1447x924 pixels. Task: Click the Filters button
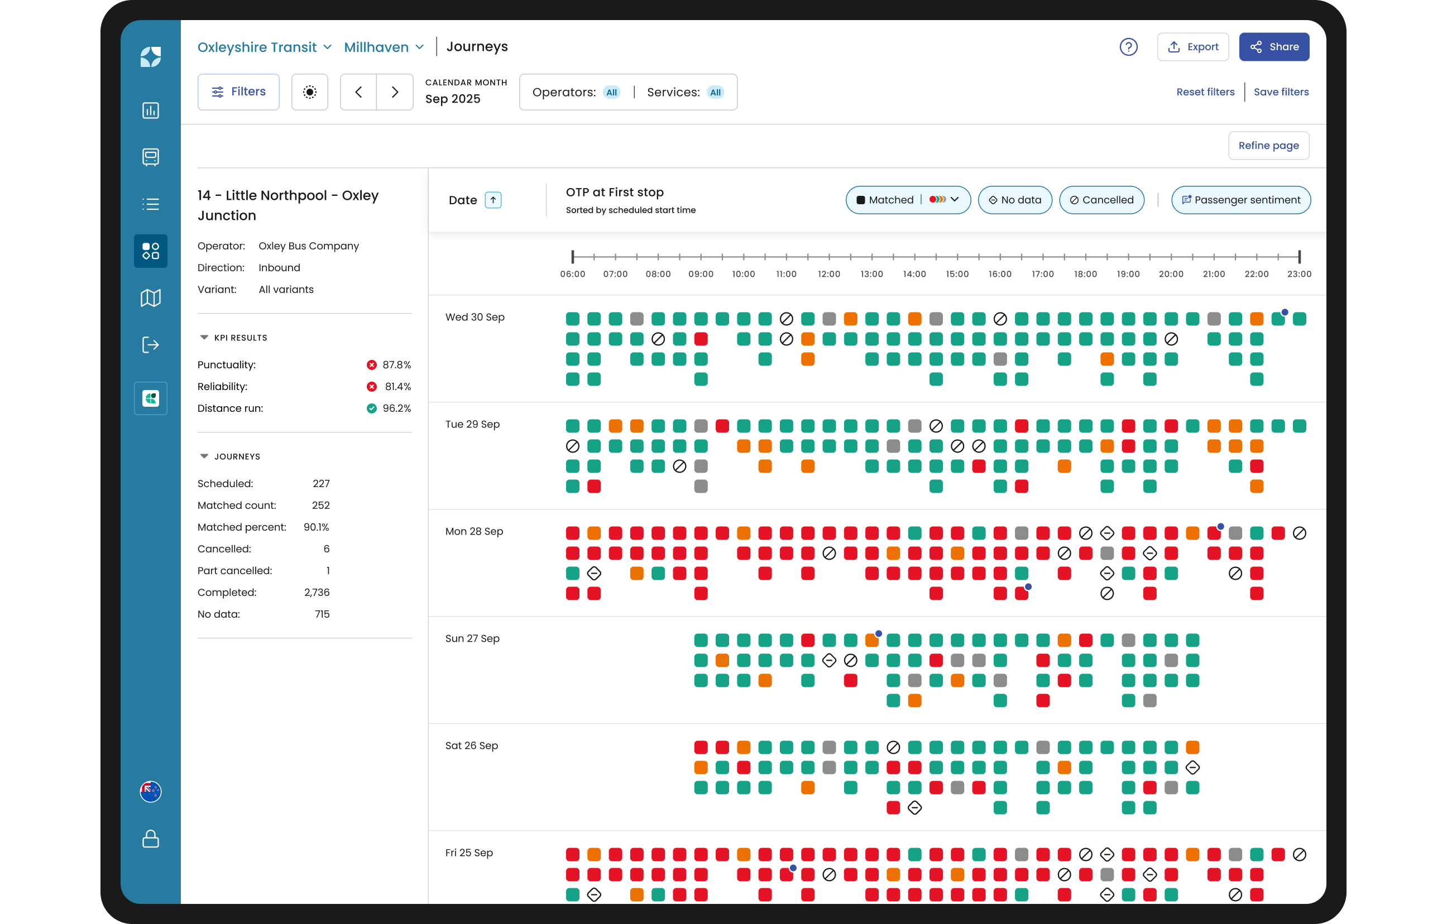coord(238,92)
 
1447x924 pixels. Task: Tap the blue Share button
coord(1274,47)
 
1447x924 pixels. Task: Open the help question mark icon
coord(1129,47)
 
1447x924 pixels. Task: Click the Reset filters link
coord(1205,92)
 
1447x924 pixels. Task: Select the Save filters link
coord(1281,92)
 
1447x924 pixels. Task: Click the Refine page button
coord(1268,146)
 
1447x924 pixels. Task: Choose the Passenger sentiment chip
coord(1241,200)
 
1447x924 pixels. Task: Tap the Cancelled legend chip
coord(1101,200)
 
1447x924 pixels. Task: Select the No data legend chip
coord(1015,200)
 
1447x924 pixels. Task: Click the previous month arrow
coord(359,92)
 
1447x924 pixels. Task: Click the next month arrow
coord(395,92)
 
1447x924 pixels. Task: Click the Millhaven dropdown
coord(384,47)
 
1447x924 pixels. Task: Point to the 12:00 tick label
coord(828,274)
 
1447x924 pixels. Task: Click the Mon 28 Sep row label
coord(474,531)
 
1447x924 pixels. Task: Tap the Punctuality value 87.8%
coord(396,365)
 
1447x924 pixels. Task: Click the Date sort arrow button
coord(493,200)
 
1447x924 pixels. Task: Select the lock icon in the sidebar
coord(150,839)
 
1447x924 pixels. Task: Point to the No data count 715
coord(322,614)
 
